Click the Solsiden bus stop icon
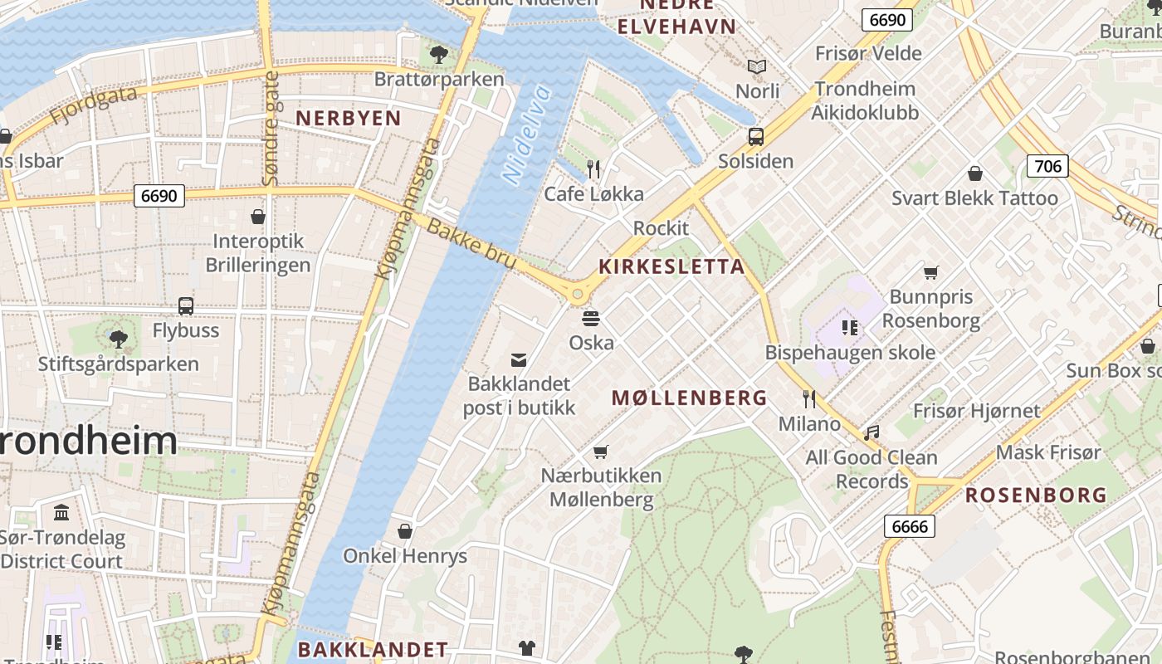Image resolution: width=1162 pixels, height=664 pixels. [755, 137]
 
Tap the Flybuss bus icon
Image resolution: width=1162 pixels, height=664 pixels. [186, 306]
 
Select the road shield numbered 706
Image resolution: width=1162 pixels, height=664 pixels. [1047, 166]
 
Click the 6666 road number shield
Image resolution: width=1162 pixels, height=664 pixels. [910, 526]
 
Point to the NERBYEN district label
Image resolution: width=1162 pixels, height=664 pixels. [349, 118]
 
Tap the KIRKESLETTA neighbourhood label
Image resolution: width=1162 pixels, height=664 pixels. [672, 266]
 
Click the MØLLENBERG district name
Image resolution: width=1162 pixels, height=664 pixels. [690, 398]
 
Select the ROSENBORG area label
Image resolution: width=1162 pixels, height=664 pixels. [1036, 496]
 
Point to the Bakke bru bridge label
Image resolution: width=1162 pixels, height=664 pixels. [471, 245]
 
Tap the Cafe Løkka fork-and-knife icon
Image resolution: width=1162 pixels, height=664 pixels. [593, 169]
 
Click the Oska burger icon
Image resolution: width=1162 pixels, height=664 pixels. [591, 318]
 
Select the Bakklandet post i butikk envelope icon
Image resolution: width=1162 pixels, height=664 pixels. [519, 359]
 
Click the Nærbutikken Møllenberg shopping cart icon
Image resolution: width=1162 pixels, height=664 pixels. [601, 452]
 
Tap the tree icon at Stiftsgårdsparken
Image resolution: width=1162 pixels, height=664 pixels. [118, 339]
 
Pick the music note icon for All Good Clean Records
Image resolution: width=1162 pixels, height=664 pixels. [871, 432]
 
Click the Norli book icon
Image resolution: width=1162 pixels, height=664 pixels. [757, 66]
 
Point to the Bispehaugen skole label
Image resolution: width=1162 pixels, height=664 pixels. [850, 352]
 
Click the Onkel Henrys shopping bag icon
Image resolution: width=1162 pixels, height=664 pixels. [405, 531]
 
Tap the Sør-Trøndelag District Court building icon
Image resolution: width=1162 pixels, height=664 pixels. [61, 512]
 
